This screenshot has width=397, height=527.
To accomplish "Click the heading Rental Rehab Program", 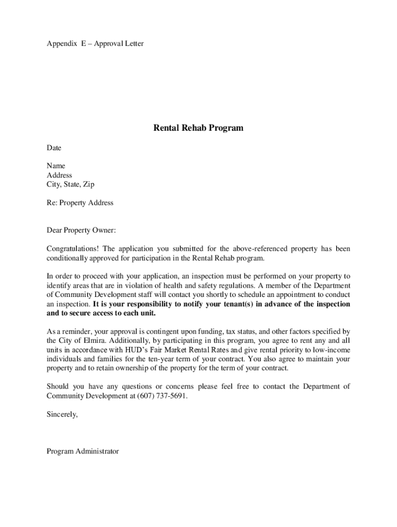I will coord(198,128).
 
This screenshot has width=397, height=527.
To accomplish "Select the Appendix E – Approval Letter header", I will coord(95,44).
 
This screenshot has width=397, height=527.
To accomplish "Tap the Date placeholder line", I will coord(54,148).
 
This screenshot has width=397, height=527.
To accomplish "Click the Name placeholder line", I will coord(56,166).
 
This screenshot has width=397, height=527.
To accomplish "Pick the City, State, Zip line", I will coord(71,184).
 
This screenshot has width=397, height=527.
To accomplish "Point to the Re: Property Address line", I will coord(80,203).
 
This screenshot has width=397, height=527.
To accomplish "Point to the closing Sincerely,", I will coord(62,414).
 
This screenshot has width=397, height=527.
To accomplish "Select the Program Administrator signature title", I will coord(82,451).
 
